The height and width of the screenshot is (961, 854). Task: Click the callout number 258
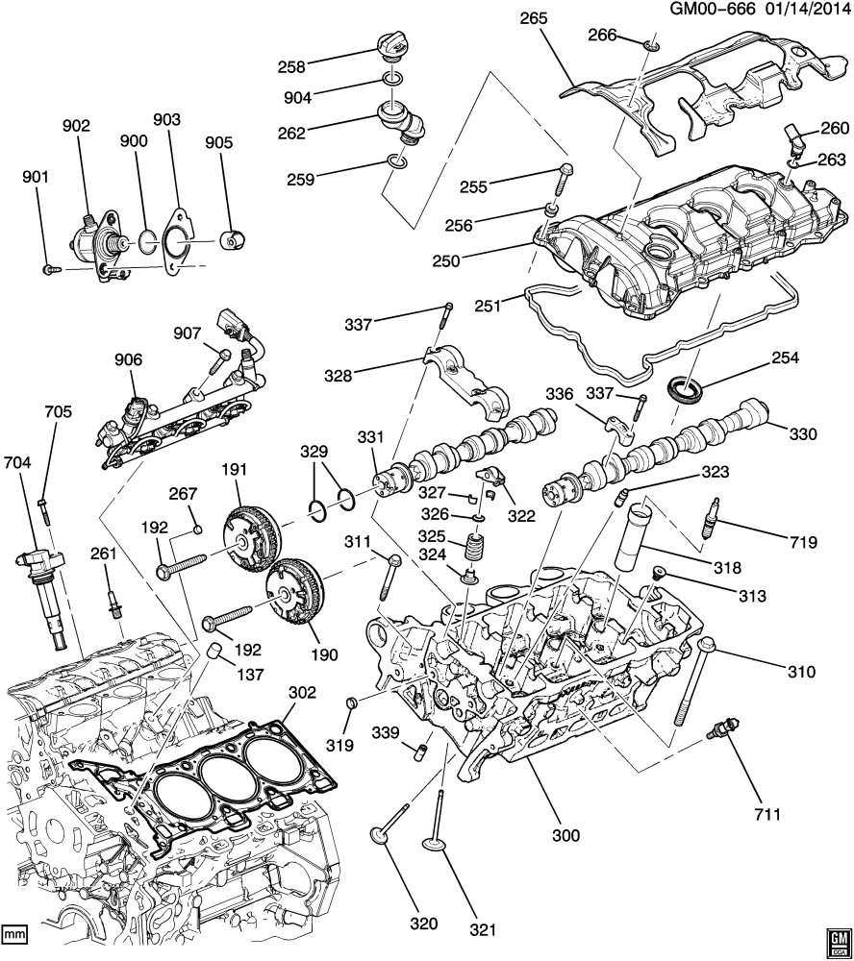pos(318,67)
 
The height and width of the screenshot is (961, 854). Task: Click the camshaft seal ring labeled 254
pos(686,388)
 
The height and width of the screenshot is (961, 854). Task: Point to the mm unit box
pos(14,932)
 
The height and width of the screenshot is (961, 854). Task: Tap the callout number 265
pos(533,17)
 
